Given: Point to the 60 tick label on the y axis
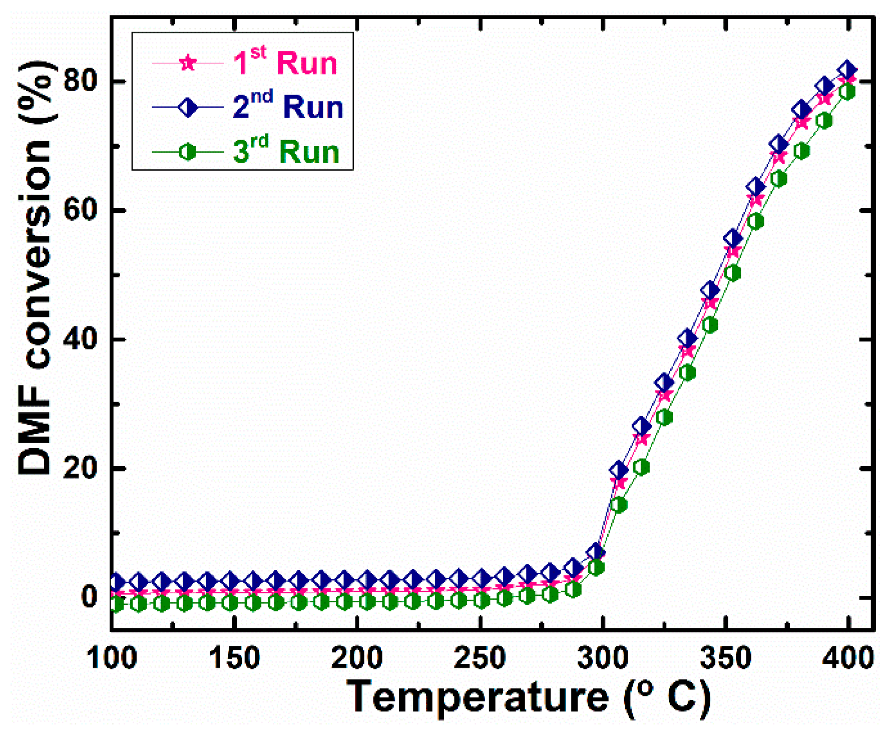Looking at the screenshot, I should [81, 210].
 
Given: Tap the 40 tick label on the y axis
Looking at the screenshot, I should [81, 339].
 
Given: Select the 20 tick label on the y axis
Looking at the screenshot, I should [81, 469].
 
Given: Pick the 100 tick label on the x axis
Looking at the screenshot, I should [111, 657].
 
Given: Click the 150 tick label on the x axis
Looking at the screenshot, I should [234, 657].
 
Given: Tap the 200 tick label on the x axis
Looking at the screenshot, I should [357, 657].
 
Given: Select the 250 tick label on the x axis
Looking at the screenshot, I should [480, 657].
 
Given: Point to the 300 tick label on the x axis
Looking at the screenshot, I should [603, 657].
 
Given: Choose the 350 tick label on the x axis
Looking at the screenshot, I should [725, 657].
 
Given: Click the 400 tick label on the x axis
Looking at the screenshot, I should [848, 657].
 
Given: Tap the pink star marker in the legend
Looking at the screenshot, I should [188, 63].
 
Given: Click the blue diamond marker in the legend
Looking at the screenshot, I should [188, 107].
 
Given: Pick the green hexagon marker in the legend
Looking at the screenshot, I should [188, 151].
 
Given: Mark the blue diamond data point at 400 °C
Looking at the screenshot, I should [847, 70].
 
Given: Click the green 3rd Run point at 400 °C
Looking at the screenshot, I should [847, 92].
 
